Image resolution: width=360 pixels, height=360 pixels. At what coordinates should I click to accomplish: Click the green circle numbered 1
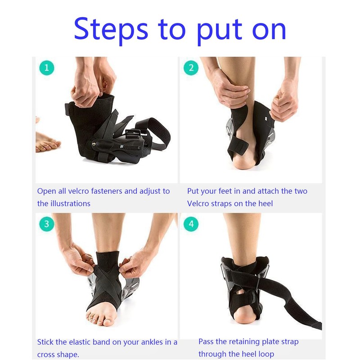coord(47,68)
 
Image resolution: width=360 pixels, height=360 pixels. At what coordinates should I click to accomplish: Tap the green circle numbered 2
coord(191,68)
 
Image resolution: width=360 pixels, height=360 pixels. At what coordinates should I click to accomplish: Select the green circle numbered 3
coord(47,224)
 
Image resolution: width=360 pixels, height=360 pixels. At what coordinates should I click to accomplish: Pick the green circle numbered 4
coord(191,224)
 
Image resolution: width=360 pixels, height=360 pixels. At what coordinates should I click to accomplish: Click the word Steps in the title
coord(111,30)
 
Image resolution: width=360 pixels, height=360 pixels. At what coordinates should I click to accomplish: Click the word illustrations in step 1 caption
coord(70,203)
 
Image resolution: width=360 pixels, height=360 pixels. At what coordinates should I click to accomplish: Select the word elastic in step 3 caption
coord(81,342)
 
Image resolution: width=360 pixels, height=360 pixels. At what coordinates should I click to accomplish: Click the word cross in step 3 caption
coord(45,355)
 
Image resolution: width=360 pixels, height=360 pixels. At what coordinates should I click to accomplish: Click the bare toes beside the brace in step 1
coord(48,144)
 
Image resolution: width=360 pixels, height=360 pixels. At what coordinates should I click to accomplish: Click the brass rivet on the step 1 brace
coord(94,144)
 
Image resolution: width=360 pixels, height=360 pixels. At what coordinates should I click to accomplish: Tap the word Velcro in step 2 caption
coord(198,203)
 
